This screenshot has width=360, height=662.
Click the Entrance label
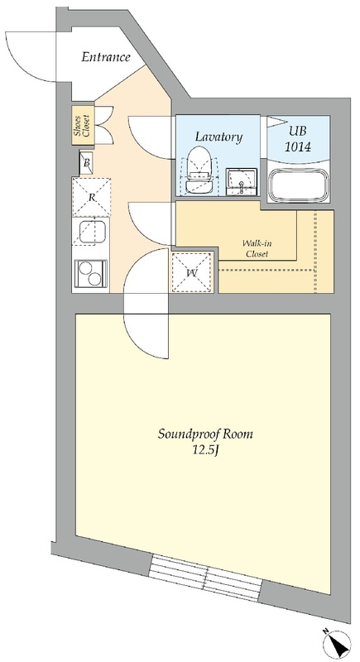tap(105, 57)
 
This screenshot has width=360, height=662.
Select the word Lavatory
tap(218, 137)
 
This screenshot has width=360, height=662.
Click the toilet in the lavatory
tap(199, 171)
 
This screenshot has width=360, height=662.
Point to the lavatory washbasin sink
tap(242, 182)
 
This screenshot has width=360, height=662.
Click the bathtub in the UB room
tap(299, 185)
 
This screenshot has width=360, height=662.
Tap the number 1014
tap(298, 147)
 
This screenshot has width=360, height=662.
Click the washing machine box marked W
tap(193, 272)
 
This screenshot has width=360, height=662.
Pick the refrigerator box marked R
tap(92, 197)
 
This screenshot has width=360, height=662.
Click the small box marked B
tap(87, 162)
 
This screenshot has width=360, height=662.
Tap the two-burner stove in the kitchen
tap(91, 274)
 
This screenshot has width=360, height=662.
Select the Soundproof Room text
tap(205, 434)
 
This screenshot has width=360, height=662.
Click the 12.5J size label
tap(205, 450)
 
